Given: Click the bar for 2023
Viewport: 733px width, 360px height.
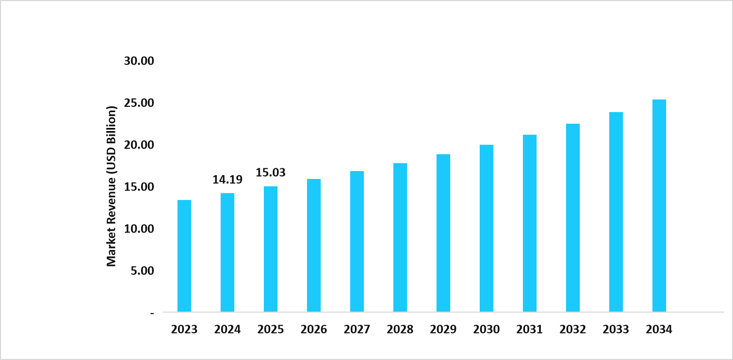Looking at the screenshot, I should (x=184, y=256).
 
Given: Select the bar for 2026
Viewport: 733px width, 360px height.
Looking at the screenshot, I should (x=314, y=245).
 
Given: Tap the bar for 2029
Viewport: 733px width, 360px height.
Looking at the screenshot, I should (x=443, y=233).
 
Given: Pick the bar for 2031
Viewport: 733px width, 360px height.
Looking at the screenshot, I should (x=530, y=223).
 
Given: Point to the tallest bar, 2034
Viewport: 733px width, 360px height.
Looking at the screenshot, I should (x=659, y=205).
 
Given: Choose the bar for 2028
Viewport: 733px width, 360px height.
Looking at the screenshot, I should (x=400, y=237).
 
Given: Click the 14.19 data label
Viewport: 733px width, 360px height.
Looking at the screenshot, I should (x=227, y=179).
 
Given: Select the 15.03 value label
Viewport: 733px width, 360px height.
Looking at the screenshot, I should (x=271, y=173).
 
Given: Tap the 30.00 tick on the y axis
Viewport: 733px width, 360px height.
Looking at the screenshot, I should (x=139, y=61).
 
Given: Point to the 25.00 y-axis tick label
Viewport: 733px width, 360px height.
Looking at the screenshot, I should (x=139, y=103).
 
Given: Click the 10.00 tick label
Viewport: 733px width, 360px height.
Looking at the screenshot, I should (x=139, y=229).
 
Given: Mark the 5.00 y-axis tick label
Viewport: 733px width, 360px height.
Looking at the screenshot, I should (x=142, y=271).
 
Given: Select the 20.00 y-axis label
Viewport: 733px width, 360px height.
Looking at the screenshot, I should (x=139, y=145).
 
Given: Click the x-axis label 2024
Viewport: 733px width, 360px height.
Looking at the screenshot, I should (x=227, y=329).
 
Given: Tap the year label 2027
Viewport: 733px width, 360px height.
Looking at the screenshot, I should (x=357, y=329).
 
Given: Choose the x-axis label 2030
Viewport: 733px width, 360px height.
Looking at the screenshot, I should (x=487, y=329).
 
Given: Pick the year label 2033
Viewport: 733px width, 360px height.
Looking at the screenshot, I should (x=616, y=329).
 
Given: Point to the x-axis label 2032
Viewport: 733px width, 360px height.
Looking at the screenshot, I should (x=573, y=329).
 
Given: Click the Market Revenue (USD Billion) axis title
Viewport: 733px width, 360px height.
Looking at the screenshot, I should (x=112, y=186).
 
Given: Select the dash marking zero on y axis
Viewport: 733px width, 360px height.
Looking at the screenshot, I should (x=152, y=313).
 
